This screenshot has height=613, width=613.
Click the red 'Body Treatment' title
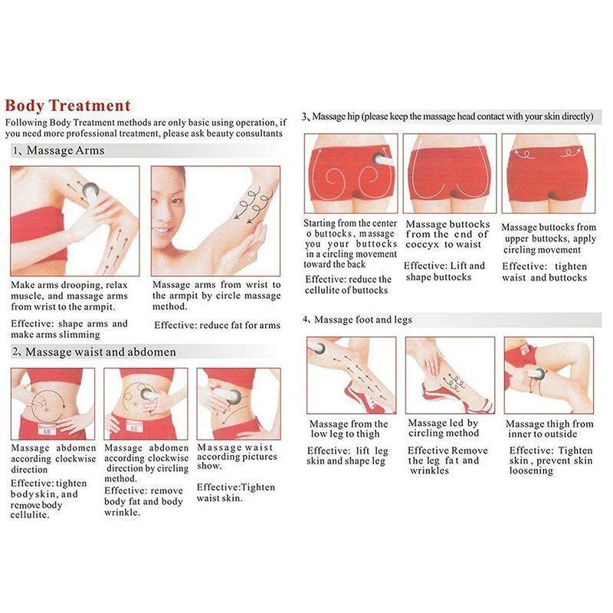(67, 106)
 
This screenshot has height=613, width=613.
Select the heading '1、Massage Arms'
(59, 150)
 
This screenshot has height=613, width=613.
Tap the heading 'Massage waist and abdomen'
(100, 352)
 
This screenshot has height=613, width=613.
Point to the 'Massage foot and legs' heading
(362, 320)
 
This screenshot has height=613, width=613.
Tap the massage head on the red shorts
(380, 159)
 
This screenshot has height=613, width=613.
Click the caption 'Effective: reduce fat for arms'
(217, 325)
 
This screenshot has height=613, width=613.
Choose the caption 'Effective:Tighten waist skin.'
(236, 493)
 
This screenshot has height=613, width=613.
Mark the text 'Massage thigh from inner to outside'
(549, 429)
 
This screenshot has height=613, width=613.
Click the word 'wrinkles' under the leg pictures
(430, 470)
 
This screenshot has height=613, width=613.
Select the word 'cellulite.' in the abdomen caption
(30, 515)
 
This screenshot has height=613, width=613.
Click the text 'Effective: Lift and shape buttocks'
(444, 272)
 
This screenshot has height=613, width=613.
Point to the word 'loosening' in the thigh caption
(531, 470)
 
